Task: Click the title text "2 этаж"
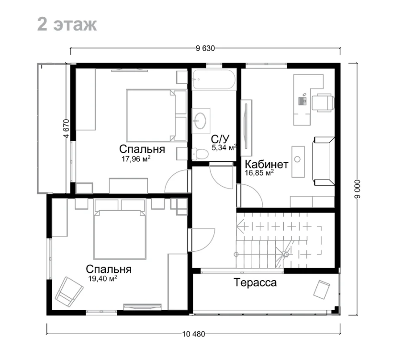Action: tap(67, 24)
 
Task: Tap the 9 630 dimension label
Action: tap(205, 48)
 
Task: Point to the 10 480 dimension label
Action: tap(193, 334)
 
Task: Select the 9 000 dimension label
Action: tap(357, 189)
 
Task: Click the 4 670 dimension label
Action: tap(66, 128)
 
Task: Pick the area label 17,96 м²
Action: tap(136, 159)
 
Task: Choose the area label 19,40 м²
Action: tap(102, 279)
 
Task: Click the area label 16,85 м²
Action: tap(259, 172)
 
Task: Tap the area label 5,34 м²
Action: tap(224, 147)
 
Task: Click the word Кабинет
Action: tap(267, 164)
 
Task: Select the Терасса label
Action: tap(255, 282)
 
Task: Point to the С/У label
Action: tap(220, 139)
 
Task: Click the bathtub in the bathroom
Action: tap(214, 79)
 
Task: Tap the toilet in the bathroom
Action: tap(200, 154)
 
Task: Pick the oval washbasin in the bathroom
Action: tap(200, 121)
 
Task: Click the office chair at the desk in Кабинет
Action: tap(323, 102)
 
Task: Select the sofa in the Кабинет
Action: tap(324, 161)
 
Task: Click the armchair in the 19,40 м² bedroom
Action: tap(69, 292)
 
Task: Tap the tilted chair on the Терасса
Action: tap(322, 290)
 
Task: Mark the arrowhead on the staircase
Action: tap(240, 226)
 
